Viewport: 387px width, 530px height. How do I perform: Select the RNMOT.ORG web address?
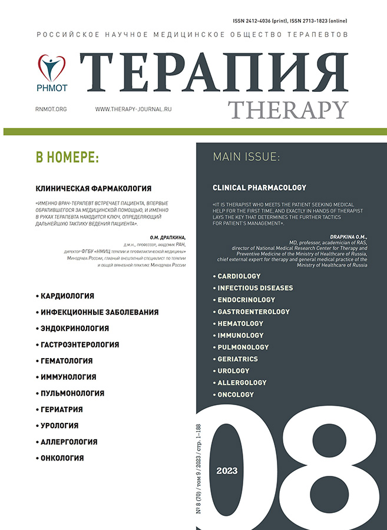(51, 110)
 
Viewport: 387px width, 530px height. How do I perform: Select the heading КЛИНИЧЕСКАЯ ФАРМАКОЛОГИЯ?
(94, 188)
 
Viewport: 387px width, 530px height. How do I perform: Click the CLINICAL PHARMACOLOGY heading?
(259, 188)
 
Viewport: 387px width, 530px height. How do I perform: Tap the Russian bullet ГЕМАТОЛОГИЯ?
(66, 360)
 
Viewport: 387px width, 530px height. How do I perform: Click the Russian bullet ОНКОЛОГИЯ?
(61, 458)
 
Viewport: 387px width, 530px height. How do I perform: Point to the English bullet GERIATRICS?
(237, 359)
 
